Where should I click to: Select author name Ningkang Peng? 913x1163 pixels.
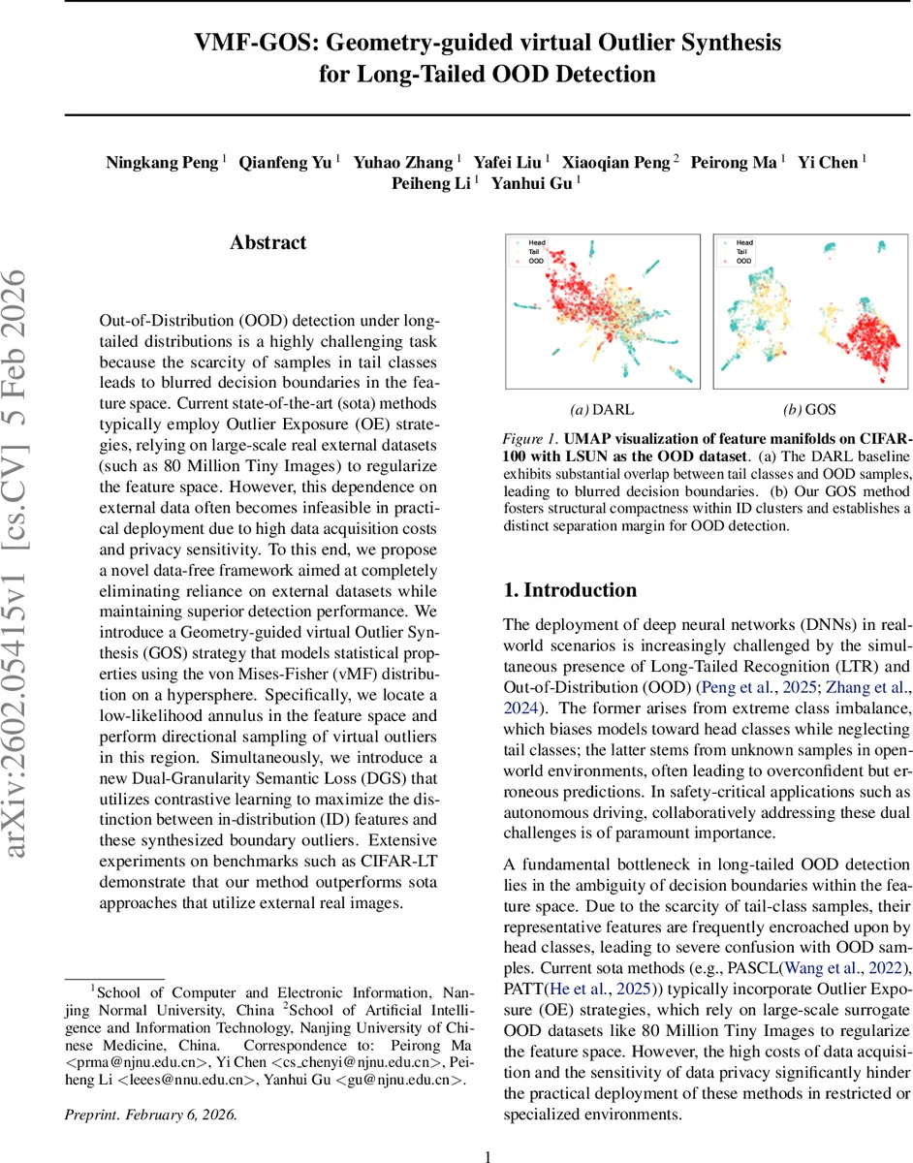click(162, 163)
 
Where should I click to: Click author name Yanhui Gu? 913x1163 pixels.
click(535, 182)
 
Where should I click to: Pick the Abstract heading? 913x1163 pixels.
click(268, 243)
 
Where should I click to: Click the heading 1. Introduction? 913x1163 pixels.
click(570, 590)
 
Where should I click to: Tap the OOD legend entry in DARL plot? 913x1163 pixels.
click(535, 261)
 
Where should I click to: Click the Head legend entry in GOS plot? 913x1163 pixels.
click(743, 242)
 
